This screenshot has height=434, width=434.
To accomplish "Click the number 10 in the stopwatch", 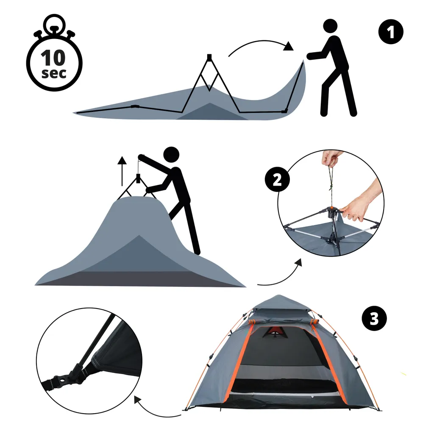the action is pyautogui.click(x=53, y=58).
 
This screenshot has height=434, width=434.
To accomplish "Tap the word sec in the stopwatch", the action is pyautogui.click(x=54, y=73).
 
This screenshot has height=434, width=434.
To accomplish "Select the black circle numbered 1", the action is pyautogui.click(x=390, y=32).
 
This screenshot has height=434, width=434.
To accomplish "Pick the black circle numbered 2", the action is pyautogui.click(x=277, y=180).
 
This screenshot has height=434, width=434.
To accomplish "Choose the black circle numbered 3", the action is pyautogui.click(x=374, y=318).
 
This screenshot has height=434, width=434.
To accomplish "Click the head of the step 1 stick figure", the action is pyautogui.click(x=330, y=26).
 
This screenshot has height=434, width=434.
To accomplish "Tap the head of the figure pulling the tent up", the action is pyautogui.click(x=171, y=154).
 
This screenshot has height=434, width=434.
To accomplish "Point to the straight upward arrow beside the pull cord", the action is pyautogui.click(x=122, y=171).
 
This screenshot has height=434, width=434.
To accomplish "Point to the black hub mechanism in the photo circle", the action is pyautogui.click(x=332, y=212).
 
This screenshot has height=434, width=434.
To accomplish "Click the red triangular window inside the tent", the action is pyautogui.click(x=274, y=331).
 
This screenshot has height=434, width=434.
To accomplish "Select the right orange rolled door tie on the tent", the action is pyautogui.click(x=314, y=322).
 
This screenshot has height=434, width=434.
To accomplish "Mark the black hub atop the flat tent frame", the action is pyautogui.click(x=209, y=57).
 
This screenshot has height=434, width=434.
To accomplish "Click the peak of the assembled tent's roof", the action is pyautogui.click(x=279, y=295).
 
